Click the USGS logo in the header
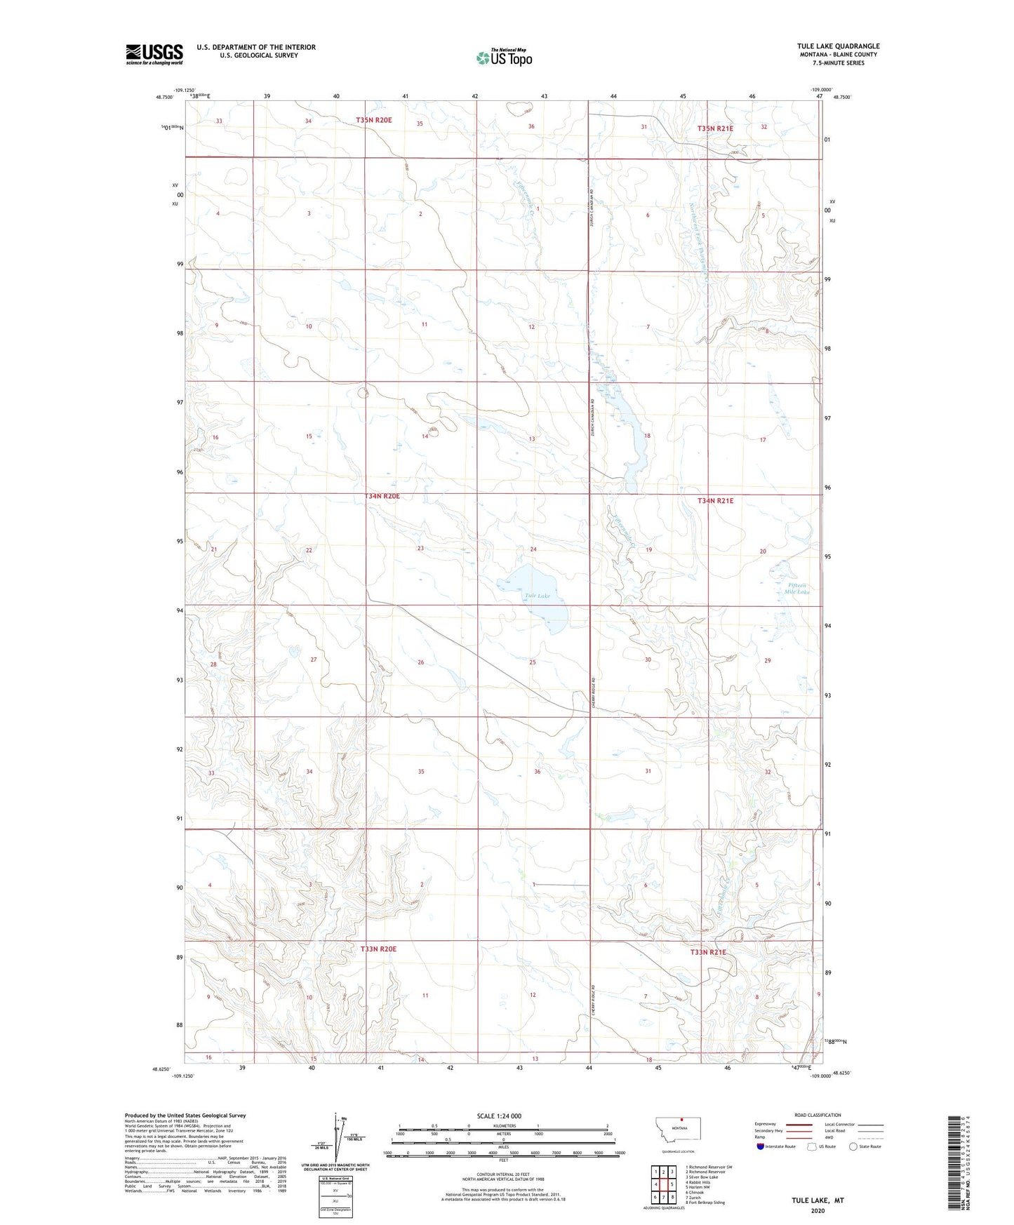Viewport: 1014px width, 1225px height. pyautogui.click(x=154, y=54)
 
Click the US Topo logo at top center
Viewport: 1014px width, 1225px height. pyautogui.click(x=504, y=58)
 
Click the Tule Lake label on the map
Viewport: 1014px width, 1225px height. pyautogui.click(x=538, y=596)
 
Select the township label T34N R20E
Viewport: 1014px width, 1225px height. pyautogui.click(x=382, y=496)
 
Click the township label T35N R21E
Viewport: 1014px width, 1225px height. pyautogui.click(x=715, y=128)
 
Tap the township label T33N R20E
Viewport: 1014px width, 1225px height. pyautogui.click(x=379, y=949)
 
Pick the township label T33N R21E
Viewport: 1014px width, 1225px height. pyautogui.click(x=707, y=952)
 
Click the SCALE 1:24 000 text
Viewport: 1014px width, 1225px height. pyautogui.click(x=499, y=1116)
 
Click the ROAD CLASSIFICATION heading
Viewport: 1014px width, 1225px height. pyautogui.click(x=818, y=1115)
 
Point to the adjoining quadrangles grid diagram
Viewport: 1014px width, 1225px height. pyautogui.click(x=663, y=1184)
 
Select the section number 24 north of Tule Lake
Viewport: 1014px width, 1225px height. pyautogui.click(x=533, y=549)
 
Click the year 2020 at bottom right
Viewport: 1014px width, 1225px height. pyautogui.click(x=818, y=1210)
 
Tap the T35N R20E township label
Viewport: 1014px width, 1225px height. pyautogui.click(x=373, y=120)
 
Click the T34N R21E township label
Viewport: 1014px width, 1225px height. pyautogui.click(x=715, y=500)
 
